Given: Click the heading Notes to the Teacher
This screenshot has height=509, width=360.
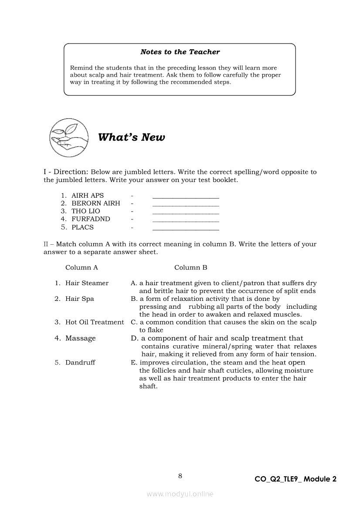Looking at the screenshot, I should click(x=180, y=52).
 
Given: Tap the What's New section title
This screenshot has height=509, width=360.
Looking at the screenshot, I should click(x=132, y=137).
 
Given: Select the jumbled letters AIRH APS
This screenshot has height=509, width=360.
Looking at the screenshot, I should click(x=88, y=196).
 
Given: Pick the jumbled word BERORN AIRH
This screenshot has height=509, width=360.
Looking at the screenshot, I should click(x=95, y=203).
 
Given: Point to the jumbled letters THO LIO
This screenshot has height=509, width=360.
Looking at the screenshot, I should click(x=86, y=211).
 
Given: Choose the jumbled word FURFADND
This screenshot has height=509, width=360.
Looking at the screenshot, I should click(x=91, y=219).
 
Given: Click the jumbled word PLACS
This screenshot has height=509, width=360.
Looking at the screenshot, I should click(x=82, y=227).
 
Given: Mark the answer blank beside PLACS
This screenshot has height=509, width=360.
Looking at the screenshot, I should click(x=186, y=229).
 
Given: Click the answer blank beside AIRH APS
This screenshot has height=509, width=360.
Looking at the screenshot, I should click(x=186, y=197).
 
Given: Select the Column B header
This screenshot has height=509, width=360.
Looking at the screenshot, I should click(x=191, y=267).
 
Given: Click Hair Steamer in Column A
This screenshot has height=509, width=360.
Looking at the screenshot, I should click(x=87, y=283).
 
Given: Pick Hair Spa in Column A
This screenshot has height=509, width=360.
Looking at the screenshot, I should click(x=80, y=299).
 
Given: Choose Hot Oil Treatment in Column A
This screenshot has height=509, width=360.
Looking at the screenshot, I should click(x=95, y=322).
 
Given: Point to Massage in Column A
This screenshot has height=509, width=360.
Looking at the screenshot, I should click(x=81, y=338).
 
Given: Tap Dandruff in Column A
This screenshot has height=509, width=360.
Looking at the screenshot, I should click(x=80, y=362).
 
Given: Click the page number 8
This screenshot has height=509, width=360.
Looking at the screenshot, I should click(x=180, y=476).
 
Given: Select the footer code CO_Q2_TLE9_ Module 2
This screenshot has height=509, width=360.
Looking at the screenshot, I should click(x=295, y=479).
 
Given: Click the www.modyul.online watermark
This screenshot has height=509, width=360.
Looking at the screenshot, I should click(x=180, y=494).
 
